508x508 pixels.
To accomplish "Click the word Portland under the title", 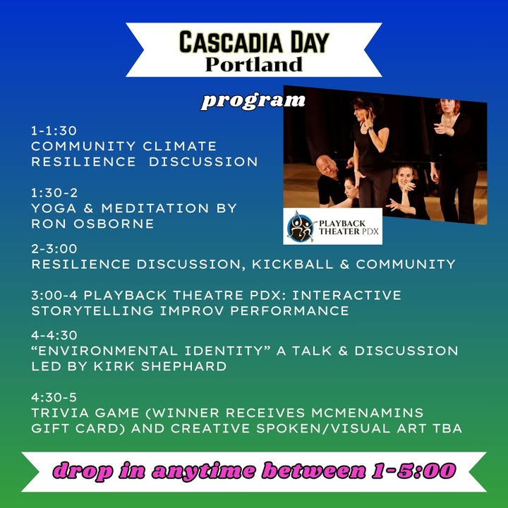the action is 254,64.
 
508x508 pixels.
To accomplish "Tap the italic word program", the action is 253,102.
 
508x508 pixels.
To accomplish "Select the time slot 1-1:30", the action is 54,131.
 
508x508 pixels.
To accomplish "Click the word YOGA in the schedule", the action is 54,208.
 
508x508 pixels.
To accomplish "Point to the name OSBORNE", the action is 114,224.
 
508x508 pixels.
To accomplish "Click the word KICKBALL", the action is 293,265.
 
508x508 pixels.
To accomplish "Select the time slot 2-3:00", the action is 54,249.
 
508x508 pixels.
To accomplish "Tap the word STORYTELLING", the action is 92,311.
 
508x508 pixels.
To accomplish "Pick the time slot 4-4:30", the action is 54,335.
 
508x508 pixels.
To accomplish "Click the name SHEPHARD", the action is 183,366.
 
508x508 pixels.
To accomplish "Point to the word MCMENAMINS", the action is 368,413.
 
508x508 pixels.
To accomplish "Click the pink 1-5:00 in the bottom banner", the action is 414,471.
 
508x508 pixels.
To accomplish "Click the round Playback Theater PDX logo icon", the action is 301,226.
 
